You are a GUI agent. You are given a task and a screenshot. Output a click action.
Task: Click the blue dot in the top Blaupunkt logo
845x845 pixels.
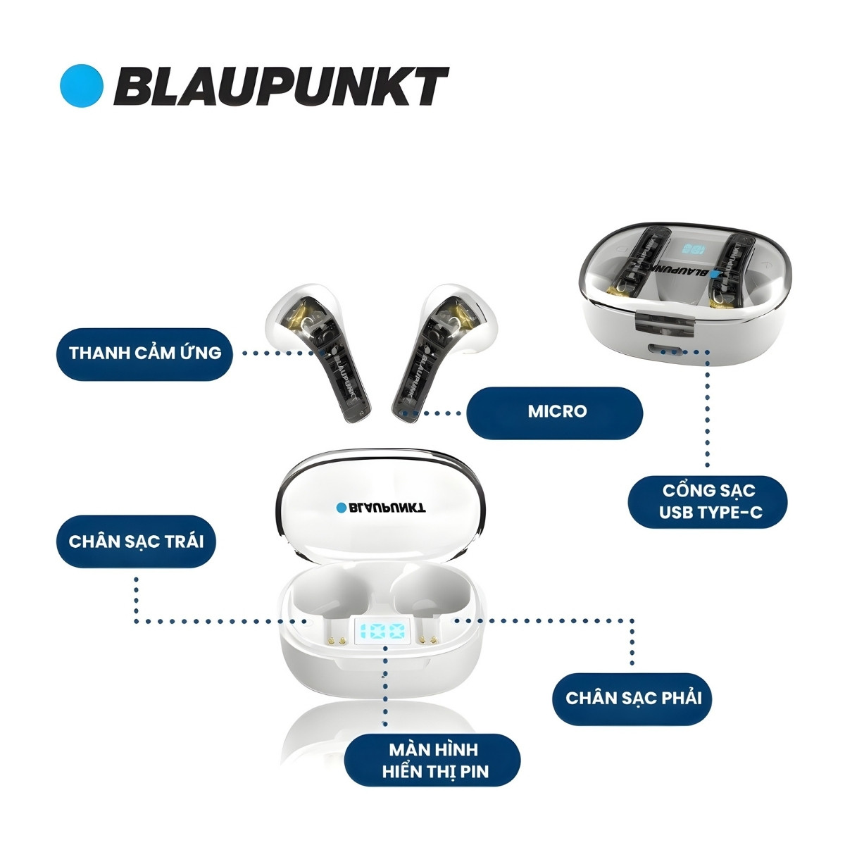pyautogui.click(x=82, y=86)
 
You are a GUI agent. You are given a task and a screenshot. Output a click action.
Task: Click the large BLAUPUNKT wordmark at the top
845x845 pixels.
pyautogui.click(x=280, y=87)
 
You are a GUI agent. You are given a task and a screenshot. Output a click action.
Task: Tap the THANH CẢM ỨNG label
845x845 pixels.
pyautogui.click(x=145, y=353)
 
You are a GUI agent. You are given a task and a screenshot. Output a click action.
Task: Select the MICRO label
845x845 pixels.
pyautogui.click(x=556, y=411)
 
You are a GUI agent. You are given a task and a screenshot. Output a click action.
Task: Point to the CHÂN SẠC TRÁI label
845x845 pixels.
pyautogui.click(x=136, y=542)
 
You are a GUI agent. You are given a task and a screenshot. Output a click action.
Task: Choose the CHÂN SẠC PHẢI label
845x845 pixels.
pyautogui.click(x=634, y=698)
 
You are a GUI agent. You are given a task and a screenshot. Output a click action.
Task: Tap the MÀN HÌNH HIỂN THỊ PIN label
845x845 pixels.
pyautogui.click(x=432, y=760)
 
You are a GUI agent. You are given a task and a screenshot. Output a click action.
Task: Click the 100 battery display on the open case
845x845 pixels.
pyautogui.click(x=382, y=632)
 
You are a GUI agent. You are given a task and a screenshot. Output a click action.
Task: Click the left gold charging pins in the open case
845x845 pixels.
pyautogui.click(x=337, y=641)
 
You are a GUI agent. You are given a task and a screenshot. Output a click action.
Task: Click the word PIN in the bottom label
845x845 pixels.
pyautogui.click(x=474, y=771)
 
